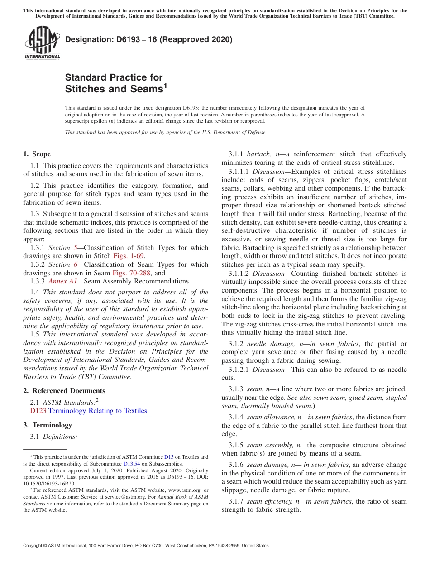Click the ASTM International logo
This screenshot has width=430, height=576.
point(42,43)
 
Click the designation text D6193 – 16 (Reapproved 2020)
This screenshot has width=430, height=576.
point(148,39)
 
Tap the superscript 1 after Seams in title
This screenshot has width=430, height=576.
point(165,85)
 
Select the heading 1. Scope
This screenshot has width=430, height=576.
point(37,154)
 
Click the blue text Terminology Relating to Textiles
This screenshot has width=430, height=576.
point(97,411)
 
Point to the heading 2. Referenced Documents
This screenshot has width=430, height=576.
point(64,391)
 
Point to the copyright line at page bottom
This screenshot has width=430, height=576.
point(145,546)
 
